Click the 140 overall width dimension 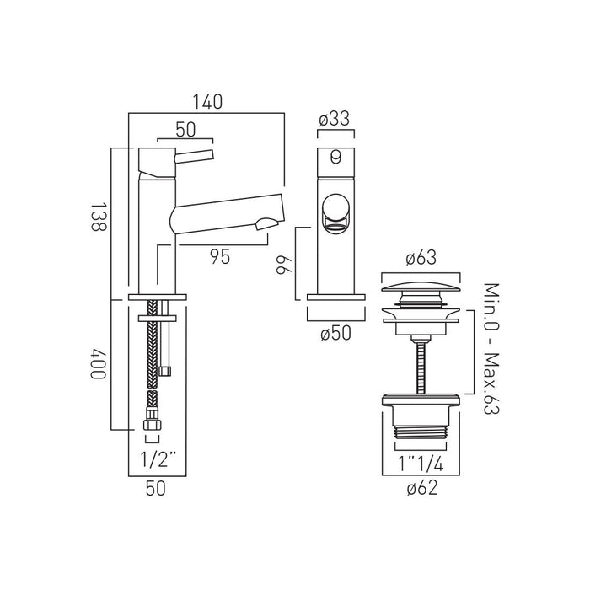207,102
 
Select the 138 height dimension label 99,217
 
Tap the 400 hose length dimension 99,363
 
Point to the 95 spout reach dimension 220,257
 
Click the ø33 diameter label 334,119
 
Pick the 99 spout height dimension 285,265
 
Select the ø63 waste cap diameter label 421,258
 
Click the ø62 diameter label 422,488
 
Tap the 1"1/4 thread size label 421,464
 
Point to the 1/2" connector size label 158,459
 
